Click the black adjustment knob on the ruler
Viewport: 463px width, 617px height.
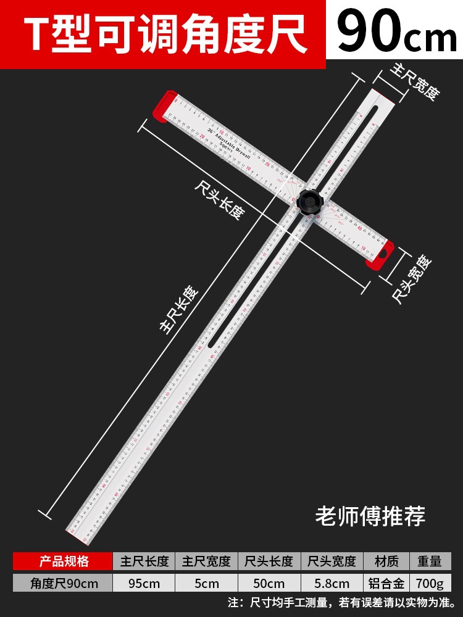[308, 201]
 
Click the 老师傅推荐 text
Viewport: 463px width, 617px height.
[370, 516]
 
